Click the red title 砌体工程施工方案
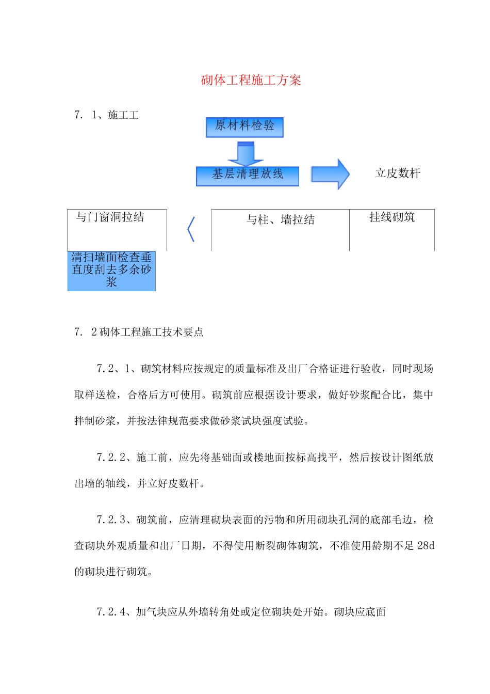pos(251,80)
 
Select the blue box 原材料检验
pos(244,127)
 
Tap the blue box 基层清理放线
pos(248,175)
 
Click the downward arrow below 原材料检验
pos(246,154)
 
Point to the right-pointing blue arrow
pos(330,174)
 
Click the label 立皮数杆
pos(398,174)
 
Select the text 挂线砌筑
pos(392,217)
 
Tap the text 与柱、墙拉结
pos(280,220)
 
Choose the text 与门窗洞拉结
pos(110,217)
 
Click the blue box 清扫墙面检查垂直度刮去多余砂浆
pos(111,270)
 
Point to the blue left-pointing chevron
pos(191,229)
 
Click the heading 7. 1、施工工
pos(106,115)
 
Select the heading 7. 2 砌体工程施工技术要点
pos(139,332)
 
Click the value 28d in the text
pos(426,546)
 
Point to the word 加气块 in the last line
pos(152,612)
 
